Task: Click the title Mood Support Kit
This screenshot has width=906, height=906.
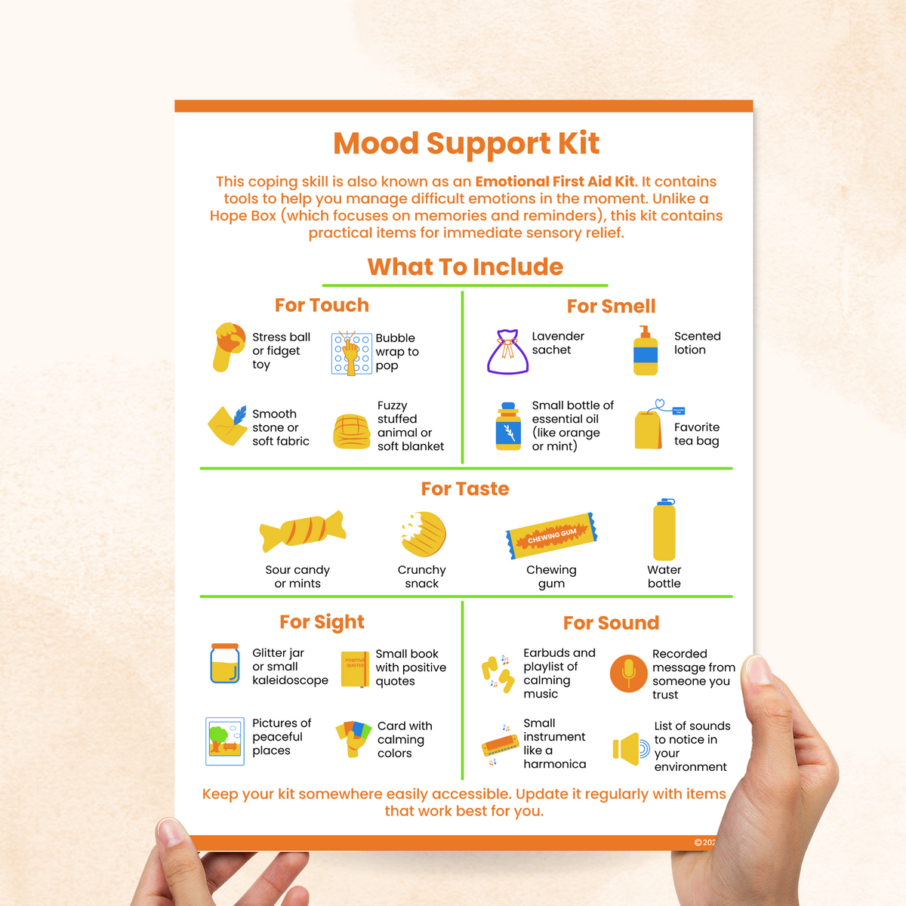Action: coord(466,143)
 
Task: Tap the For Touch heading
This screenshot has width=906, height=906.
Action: coord(322,305)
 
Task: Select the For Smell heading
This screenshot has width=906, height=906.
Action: coord(611,306)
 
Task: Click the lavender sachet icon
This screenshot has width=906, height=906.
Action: coord(507,352)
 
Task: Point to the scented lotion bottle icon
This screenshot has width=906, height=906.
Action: coord(646,352)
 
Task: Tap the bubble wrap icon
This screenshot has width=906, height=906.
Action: coord(351,353)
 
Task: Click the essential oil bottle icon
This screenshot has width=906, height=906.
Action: coord(508,427)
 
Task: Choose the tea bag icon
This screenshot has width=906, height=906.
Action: coord(649,429)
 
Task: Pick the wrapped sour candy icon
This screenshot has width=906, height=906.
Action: coord(302,531)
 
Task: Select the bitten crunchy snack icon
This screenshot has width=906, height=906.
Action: coord(424,535)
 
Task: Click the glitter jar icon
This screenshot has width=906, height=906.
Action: coord(225,664)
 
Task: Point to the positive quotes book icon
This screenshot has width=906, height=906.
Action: coord(354,668)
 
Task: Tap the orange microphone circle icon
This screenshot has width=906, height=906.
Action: coord(628,673)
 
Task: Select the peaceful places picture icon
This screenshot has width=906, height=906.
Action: coord(225,741)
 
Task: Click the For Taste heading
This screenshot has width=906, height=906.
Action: coord(465,489)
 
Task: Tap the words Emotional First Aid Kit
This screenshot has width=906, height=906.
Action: coord(555,181)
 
